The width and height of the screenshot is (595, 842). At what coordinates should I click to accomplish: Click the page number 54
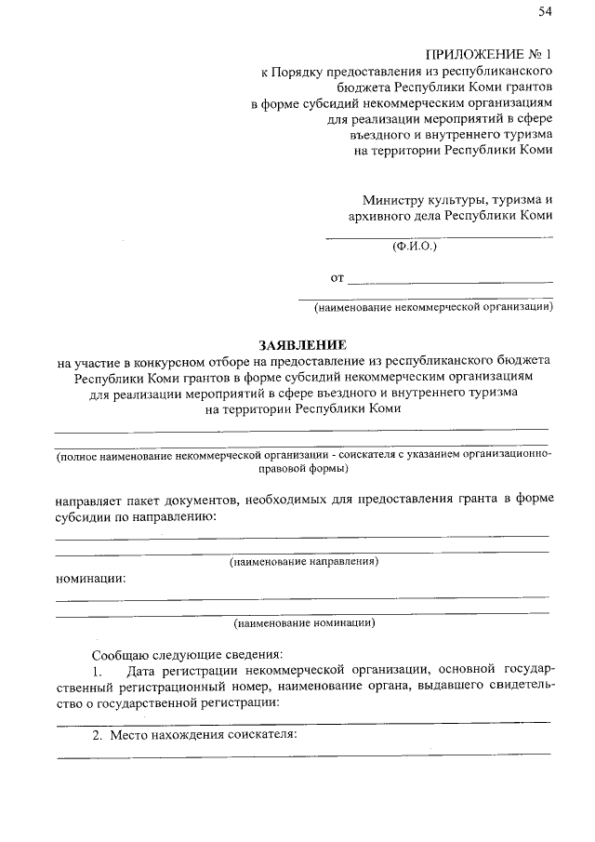click(x=545, y=11)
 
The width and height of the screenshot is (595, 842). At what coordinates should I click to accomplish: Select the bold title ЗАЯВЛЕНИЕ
click(x=296, y=343)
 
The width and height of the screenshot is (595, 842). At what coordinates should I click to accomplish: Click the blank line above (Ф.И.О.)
click(x=438, y=238)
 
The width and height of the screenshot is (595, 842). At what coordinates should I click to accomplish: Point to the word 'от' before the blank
click(x=337, y=277)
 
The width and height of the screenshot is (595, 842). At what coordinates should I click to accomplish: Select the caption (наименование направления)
click(x=304, y=562)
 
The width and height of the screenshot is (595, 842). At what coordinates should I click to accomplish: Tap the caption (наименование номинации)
click(x=304, y=622)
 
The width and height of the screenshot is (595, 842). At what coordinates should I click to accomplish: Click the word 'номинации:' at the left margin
click(x=90, y=578)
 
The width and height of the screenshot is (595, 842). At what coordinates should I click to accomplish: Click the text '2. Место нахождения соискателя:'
click(x=193, y=735)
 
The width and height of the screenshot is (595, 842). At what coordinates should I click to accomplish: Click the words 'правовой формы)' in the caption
click(x=304, y=470)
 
